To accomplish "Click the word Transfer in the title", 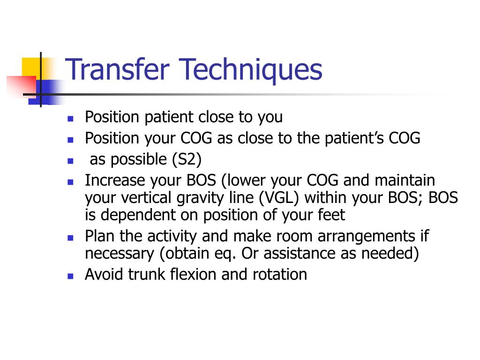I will pos(118,69).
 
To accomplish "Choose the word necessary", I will pos(120,254).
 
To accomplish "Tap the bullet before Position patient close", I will pos(71,119).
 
